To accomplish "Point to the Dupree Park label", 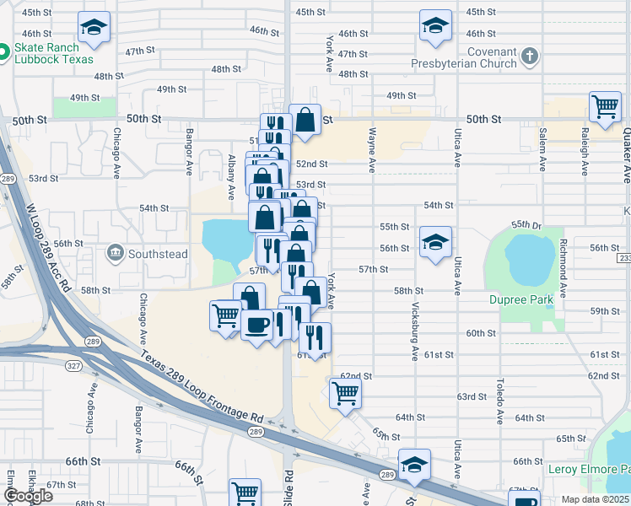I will [x=520, y=299].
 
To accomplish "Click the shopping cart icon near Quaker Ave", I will [x=605, y=108].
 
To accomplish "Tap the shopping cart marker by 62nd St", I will [x=345, y=392].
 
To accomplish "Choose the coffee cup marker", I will [x=256, y=324].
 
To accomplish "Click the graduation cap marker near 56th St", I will [x=435, y=243].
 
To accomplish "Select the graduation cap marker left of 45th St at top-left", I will [x=94, y=28].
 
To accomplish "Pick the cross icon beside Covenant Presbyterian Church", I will [x=529, y=57].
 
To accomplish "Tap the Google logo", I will [x=29, y=496].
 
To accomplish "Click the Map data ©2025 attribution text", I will [x=595, y=499].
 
